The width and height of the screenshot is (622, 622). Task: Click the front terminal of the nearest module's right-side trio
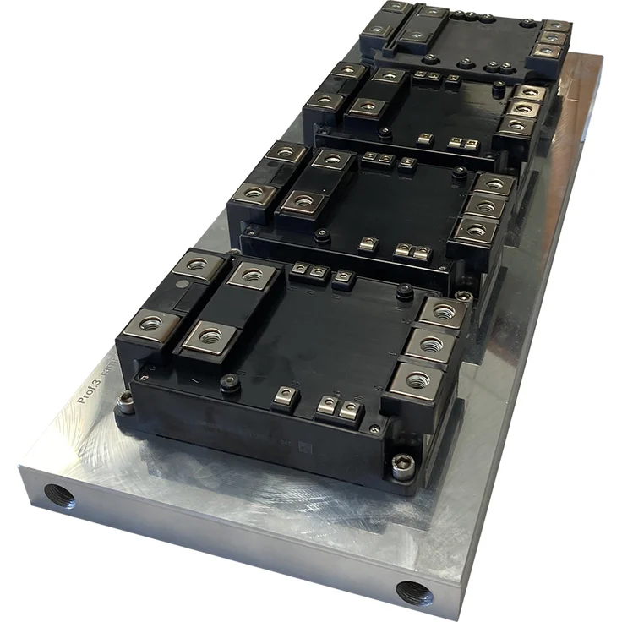[x=417, y=379]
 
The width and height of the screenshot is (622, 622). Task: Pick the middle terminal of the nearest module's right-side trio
[x=431, y=345]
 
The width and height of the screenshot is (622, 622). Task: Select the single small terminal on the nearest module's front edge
[x=286, y=394]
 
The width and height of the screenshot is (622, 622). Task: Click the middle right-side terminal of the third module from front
[x=524, y=109]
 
